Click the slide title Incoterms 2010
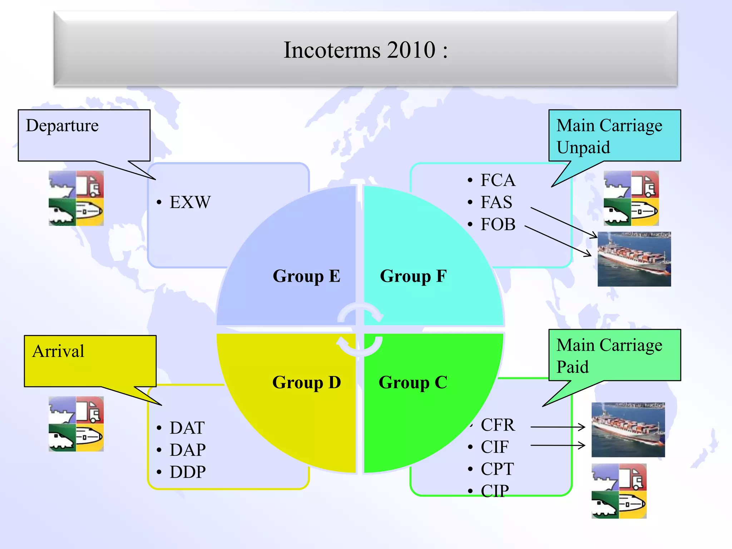tap(365, 50)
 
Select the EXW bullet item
tap(190, 202)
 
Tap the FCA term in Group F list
tap(498, 180)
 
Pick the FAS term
tap(496, 202)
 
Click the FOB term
tap(498, 224)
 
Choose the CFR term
tap(498, 425)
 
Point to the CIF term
tap(494, 447)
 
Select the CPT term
tap(497, 469)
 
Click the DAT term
tap(187, 428)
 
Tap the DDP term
tap(188, 472)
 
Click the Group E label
tap(306, 276)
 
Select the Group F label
tap(413, 276)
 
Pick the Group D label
tap(306, 382)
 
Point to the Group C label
tap(413, 382)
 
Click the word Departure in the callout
tap(62, 126)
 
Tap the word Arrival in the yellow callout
tap(58, 351)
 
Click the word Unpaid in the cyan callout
tap(583, 148)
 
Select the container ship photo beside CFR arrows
tap(628, 430)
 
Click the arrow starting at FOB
tap(558, 241)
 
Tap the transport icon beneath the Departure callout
tap(76, 198)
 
